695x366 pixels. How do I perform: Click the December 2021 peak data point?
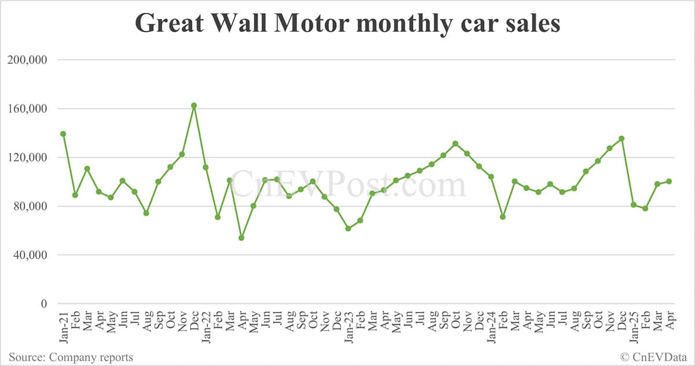click(x=194, y=106)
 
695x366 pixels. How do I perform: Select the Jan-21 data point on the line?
click(x=63, y=134)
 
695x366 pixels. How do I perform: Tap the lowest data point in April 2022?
click(x=242, y=238)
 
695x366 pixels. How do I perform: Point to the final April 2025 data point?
click(x=669, y=182)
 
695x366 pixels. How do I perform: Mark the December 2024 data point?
click(x=621, y=139)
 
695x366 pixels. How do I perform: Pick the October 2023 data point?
click(x=455, y=144)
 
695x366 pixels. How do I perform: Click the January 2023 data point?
click(x=348, y=229)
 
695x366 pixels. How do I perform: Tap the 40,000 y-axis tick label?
click(x=28, y=255)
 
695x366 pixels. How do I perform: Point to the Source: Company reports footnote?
click(x=71, y=357)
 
